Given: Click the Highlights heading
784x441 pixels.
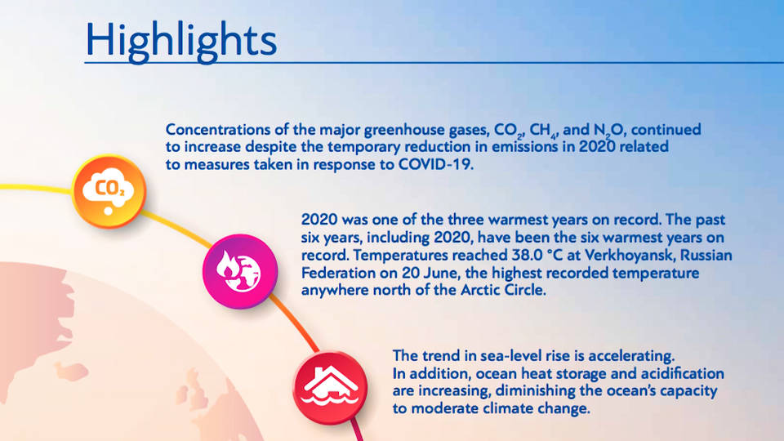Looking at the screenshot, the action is [181, 41].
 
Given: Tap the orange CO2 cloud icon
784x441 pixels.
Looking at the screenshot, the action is [109, 191].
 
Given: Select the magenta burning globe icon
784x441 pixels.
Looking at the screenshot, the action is [240, 271].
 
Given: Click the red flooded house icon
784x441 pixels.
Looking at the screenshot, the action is [330, 387].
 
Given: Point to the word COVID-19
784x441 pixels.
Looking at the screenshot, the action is [435, 164].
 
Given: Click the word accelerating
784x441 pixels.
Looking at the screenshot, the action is [631, 356].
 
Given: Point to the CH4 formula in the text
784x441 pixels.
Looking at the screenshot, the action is [543, 131].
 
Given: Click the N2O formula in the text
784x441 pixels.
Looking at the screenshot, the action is [608, 131].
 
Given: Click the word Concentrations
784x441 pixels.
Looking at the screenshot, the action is [217, 130].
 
